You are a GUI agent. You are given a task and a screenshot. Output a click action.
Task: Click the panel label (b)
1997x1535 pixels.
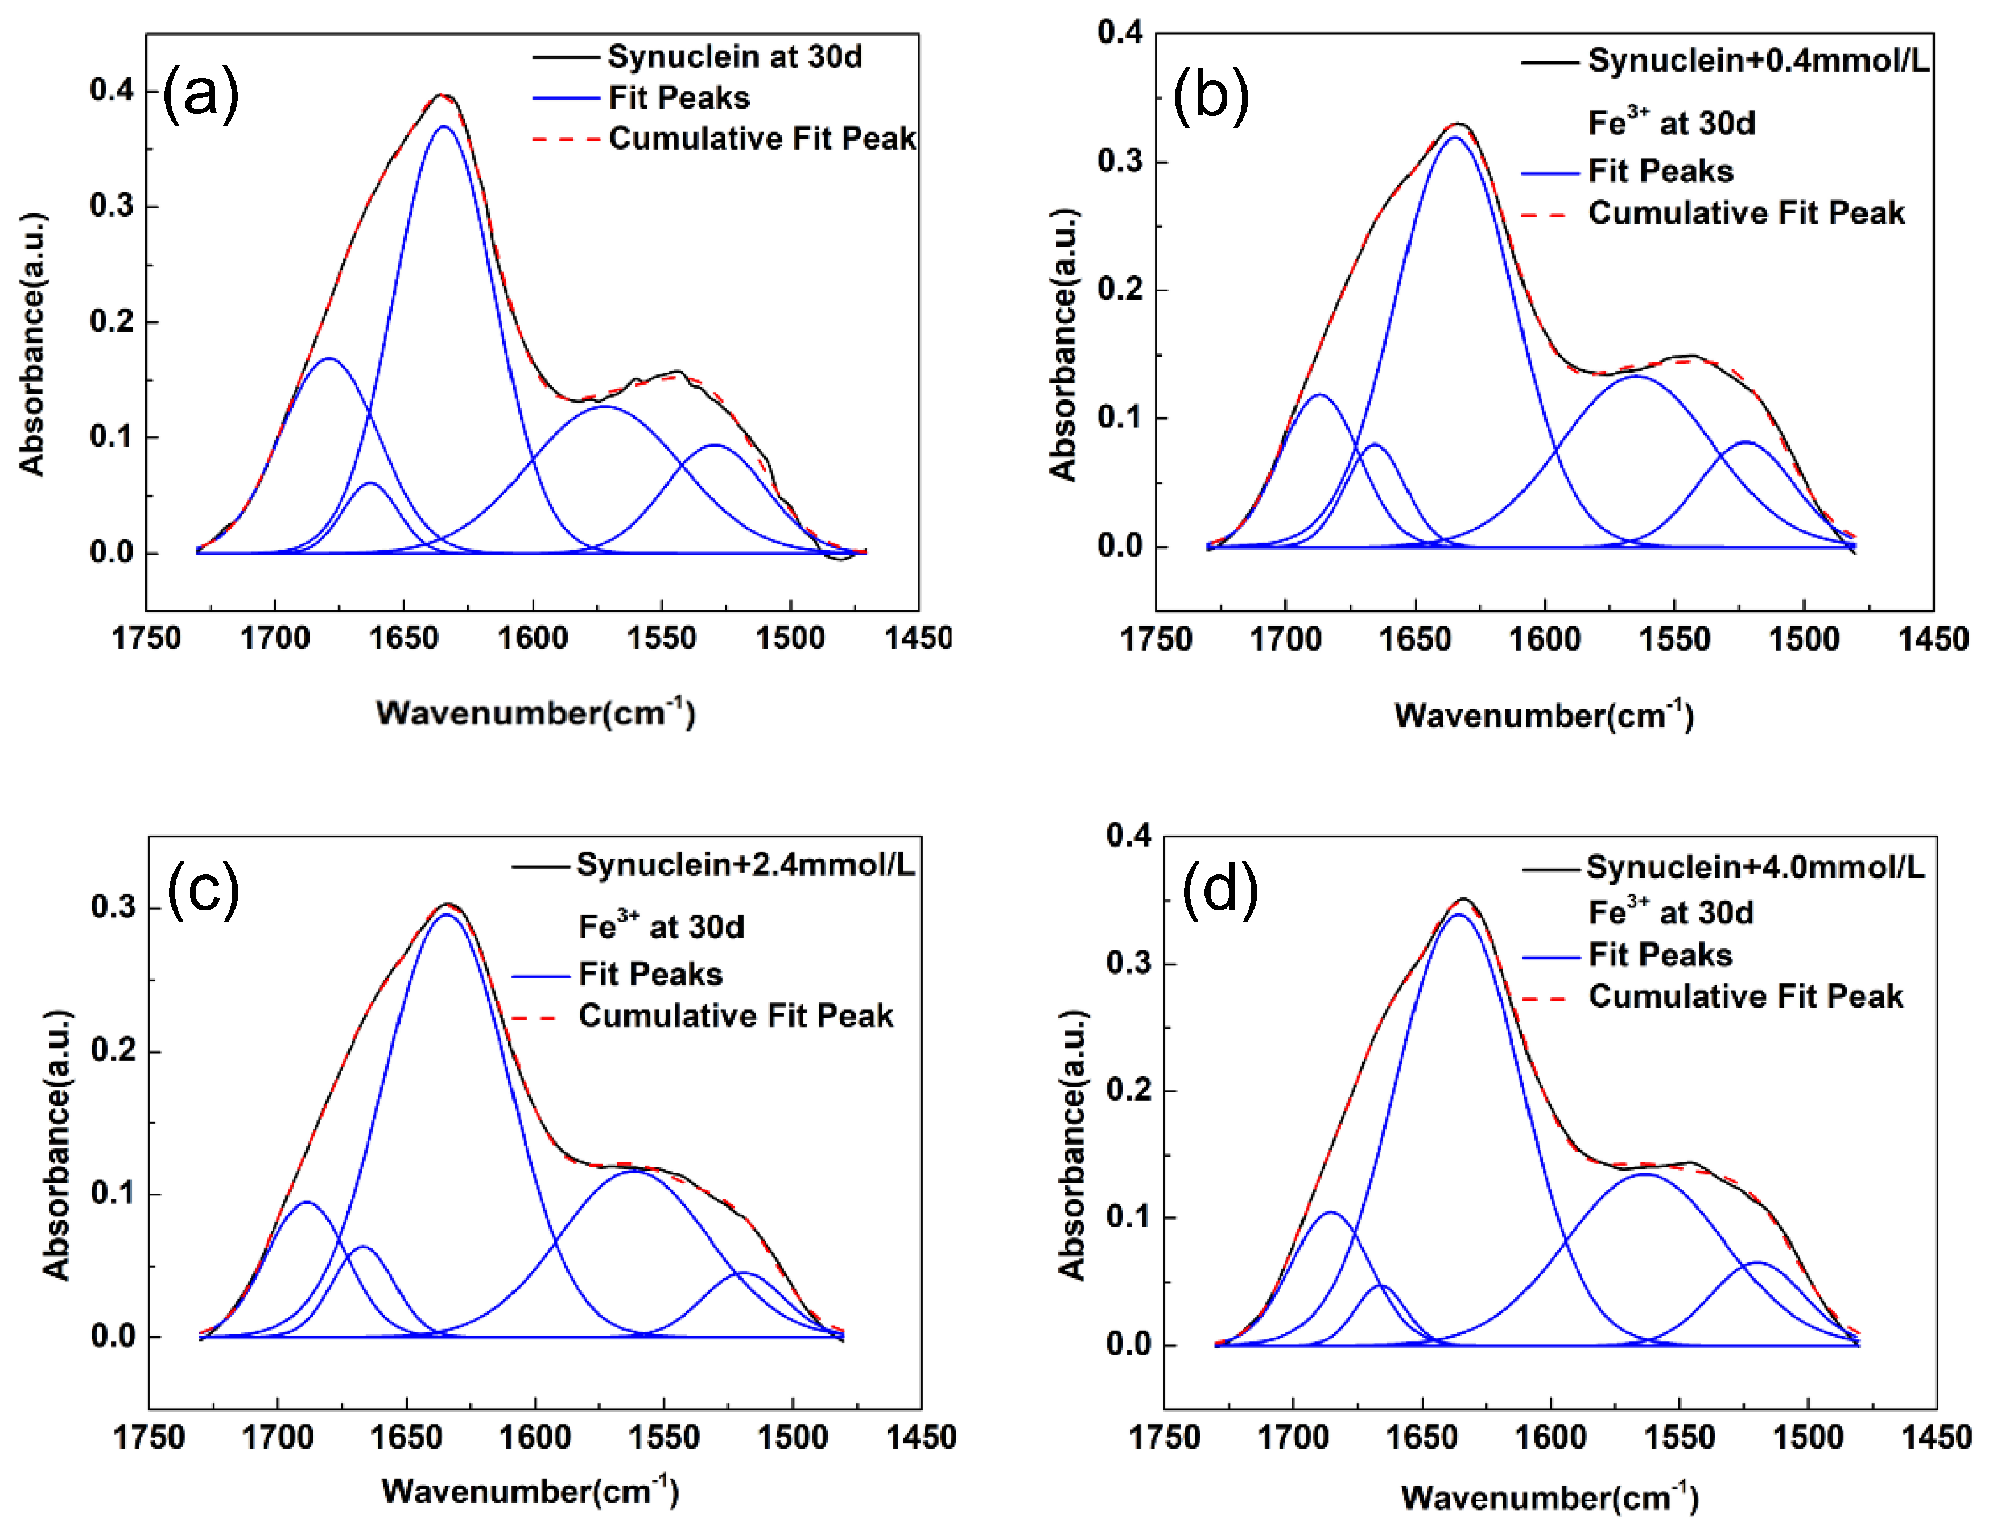[1211, 96]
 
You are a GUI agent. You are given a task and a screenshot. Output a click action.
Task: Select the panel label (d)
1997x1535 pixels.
[1220, 890]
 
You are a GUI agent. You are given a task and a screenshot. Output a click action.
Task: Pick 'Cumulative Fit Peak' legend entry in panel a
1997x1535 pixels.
[761, 139]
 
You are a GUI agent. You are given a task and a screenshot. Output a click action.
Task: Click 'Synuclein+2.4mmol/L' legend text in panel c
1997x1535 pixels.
[745, 864]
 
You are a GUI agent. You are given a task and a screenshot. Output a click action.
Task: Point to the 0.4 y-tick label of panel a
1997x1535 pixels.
[112, 90]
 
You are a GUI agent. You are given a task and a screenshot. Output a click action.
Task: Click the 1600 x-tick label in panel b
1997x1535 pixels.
[1544, 639]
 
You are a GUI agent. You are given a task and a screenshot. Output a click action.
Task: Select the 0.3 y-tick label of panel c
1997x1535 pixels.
[113, 907]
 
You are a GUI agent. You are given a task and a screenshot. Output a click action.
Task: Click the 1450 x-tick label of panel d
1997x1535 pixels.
[1936, 1437]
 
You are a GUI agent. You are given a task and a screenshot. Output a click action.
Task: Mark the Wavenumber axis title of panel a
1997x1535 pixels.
[535, 713]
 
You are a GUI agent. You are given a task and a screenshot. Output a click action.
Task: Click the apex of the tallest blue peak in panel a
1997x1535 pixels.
[444, 126]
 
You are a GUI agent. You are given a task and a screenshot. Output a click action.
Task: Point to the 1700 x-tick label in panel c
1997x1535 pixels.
[277, 1437]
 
